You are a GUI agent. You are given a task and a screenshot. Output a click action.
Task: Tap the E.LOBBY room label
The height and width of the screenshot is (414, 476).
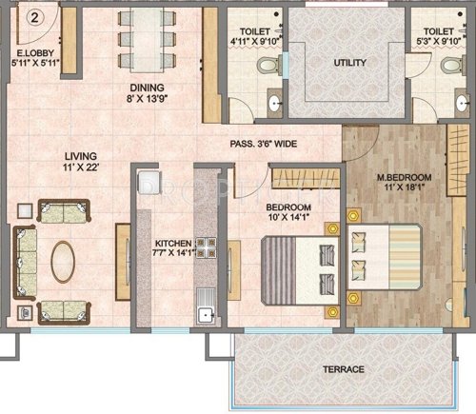pyautogui.click(x=33, y=53)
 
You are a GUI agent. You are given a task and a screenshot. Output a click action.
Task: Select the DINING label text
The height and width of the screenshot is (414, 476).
pyautogui.click(x=149, y=85)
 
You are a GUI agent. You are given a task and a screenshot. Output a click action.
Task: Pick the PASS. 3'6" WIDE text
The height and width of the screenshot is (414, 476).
pyautogui.click(x=274, y=145)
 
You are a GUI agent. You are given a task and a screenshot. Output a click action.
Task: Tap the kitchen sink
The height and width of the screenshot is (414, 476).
pyautogui.click(x=203, y=315)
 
